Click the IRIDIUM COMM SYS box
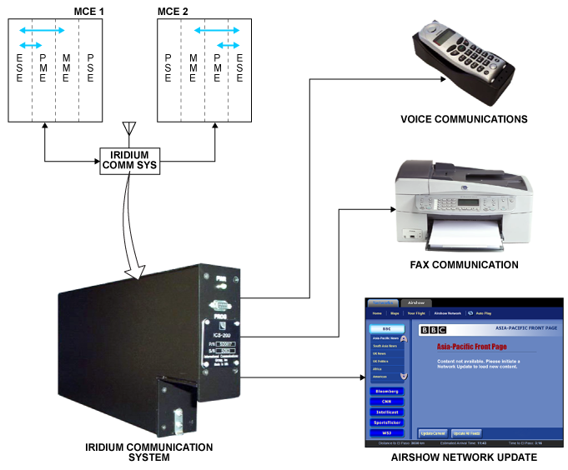point(128,159)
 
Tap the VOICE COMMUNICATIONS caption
point(464,120)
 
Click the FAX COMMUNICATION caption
point(464,266)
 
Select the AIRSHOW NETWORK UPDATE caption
point(464,457)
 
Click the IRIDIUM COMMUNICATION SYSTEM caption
point(149,452)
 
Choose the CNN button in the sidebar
point(386,401)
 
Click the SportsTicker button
point(386,422)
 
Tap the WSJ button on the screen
point(386,433)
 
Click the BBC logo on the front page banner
point(433,330)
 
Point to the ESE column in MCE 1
point(19,67)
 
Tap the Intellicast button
point(386,412)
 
